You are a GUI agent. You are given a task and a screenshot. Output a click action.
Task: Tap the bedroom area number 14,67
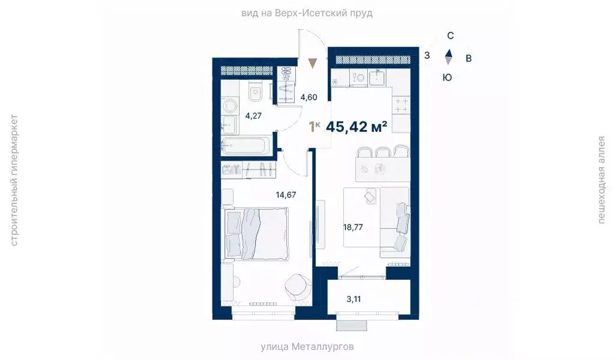point(286,194)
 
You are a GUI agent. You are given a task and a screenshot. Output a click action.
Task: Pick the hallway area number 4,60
point(309,97)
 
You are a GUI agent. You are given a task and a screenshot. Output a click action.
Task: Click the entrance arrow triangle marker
point(312,62)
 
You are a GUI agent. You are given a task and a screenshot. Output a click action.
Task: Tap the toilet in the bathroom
point(255,92)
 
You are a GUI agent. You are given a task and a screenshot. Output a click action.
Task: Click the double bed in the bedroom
point(254,233)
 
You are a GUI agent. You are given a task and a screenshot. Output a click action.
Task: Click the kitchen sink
point(378,77)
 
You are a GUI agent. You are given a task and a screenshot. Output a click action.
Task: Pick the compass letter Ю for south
point(447,77)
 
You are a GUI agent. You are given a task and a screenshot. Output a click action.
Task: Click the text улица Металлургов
point(307,347)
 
